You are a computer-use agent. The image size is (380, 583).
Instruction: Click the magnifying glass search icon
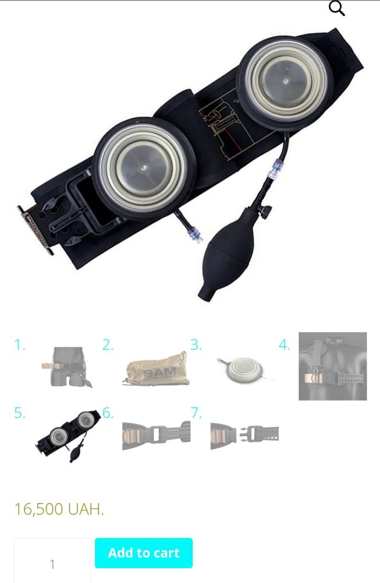coord(336,9)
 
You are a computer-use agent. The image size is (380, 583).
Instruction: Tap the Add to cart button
coord(144,553)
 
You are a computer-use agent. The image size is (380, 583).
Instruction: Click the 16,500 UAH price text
coord(59,509)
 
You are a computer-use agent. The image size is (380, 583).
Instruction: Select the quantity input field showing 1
coord(52,561)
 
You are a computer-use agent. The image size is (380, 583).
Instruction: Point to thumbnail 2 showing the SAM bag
coord(155,368)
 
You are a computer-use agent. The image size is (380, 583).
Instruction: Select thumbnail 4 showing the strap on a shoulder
coord(332,366)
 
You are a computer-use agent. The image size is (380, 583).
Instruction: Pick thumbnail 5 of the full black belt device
coord(68,436)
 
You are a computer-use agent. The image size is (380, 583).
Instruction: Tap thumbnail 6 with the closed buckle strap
coord(156,436)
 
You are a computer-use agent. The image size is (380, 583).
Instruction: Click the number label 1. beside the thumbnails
coord(20,345)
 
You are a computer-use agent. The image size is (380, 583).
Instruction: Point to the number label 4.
coord(284,345)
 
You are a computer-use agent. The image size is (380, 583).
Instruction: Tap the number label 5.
coord(20,413)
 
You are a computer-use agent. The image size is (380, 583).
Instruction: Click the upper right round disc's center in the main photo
coord(285,80)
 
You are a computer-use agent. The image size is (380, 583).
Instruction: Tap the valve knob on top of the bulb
coord(266,212)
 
